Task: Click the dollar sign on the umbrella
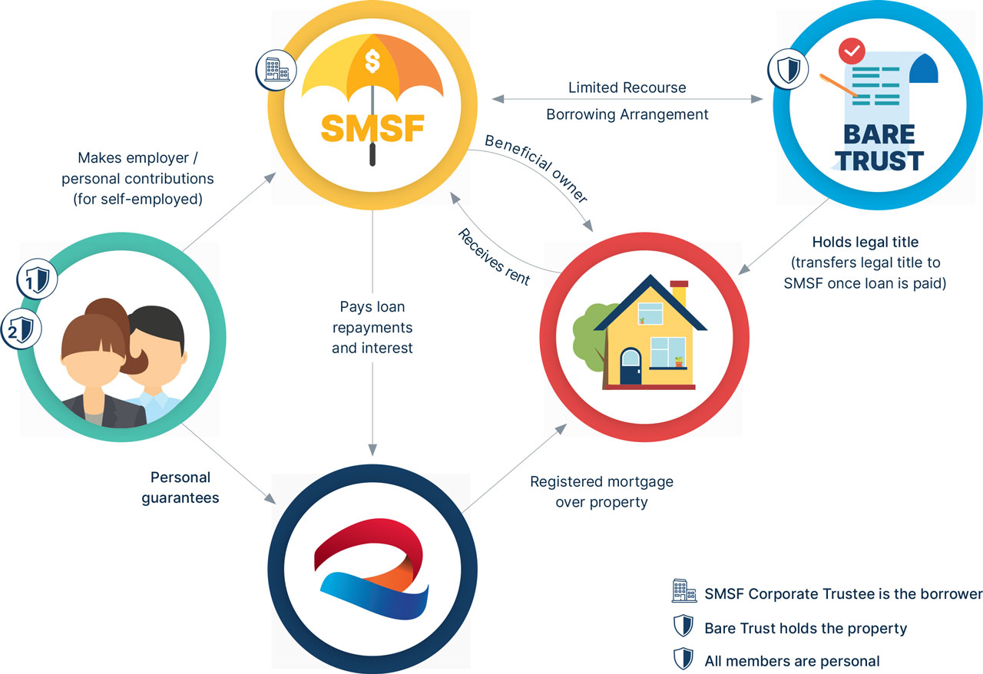tap(372, 59)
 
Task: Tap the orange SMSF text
tap(372, 127)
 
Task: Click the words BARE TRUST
tap(879, 147)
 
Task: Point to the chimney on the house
tap(679, 295)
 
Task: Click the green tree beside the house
tap(591, 329)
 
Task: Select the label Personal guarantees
tap(180, 487)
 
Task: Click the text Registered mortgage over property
tap(601, 492)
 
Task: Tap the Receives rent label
tap(493, 257)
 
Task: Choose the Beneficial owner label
tap(535, 170)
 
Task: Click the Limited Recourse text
tap(627, 88)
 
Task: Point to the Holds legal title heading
tap(865, 243)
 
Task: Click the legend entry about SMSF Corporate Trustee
tap(842, 593)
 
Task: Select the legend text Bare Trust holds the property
tap(805, 628)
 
